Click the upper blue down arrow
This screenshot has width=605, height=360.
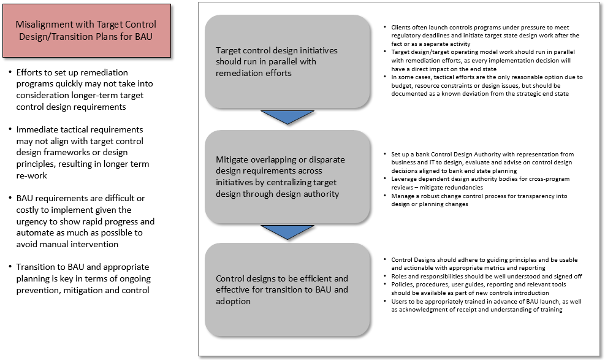tap(287, 117)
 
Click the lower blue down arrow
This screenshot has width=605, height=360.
tap(287, 232)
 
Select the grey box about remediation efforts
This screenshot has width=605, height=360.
tap(287, 61)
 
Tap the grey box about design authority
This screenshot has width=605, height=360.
tap(287, 177)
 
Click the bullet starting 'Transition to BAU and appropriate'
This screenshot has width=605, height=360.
tap(83, 278)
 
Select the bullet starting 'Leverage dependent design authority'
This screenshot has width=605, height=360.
tap(484, 183)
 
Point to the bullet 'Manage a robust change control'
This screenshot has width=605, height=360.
tap(484, 200)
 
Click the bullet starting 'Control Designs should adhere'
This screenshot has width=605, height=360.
tap(484, 264)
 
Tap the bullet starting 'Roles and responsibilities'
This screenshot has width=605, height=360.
tap(484, 277)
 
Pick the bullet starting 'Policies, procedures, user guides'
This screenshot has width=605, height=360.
tap(484, 289)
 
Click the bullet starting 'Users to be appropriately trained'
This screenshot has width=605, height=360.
tap(484, 305)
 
